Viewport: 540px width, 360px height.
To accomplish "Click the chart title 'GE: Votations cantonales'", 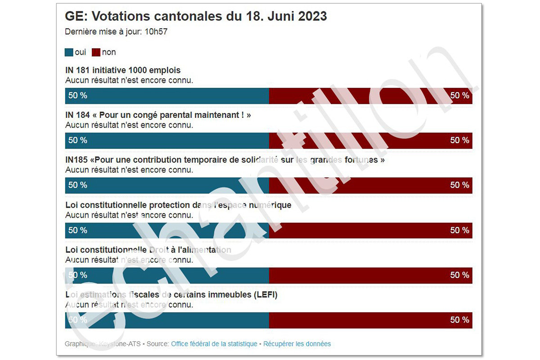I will point(196,16).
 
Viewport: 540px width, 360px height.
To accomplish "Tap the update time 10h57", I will point(156,31).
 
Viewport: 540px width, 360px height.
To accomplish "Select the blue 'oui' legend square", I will point(69,53).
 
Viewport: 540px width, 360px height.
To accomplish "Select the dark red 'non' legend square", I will point(96,53).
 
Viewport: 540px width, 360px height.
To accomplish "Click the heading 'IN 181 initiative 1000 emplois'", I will point(123,70).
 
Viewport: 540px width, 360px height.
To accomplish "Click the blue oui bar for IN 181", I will point(167,95).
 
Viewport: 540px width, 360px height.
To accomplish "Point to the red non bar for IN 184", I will point(370,140).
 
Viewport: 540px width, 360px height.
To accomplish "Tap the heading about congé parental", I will point(158,115).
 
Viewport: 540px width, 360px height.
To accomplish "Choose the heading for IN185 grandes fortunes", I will point(225,160).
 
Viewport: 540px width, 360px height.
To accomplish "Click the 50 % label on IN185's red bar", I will point(459,185).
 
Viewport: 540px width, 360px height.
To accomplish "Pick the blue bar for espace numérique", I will point(167,230).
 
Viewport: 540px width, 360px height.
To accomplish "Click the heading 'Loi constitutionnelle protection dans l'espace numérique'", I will point(178,205).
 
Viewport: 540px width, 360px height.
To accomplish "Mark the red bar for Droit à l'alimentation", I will point(370,275).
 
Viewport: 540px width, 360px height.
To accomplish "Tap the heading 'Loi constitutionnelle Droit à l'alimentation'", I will point(148,250).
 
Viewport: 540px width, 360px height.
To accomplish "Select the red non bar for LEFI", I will point(370,320).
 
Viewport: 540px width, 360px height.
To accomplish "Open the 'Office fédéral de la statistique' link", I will point(214,344).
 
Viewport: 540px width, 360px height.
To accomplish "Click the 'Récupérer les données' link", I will point(297,344).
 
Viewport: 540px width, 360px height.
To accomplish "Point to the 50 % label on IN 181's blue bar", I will point(78,95).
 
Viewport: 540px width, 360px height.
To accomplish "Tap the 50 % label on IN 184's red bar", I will point(459,140).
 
